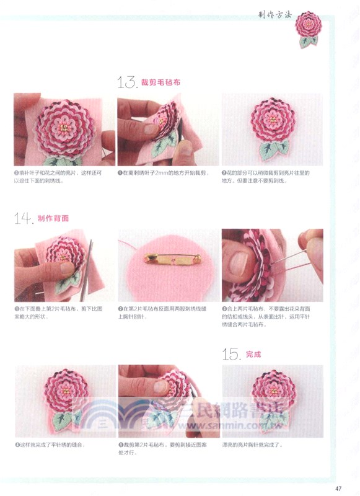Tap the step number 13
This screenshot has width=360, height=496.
tap(126, 82)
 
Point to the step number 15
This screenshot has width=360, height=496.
tap(232, 354)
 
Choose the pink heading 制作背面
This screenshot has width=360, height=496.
tap(53, 219)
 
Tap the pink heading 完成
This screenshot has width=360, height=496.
tap(253, 355)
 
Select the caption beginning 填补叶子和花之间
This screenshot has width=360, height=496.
tap(62, 176)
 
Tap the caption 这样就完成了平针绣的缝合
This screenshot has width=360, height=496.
tap(52, 445)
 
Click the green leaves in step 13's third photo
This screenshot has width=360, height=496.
tap(273, 149)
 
